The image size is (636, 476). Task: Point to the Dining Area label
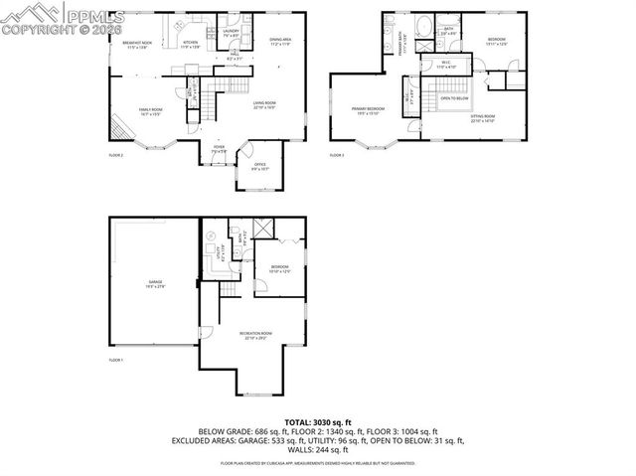coord(280,42)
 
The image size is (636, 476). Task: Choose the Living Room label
coord(264,104)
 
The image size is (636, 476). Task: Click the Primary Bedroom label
coord(367,110)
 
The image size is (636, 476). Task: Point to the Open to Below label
coord(454,98)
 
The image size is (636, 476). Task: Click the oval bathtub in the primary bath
coord(421,27)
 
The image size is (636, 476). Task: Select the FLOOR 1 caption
coord(115,359)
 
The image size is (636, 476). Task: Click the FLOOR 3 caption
coord(336,156)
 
